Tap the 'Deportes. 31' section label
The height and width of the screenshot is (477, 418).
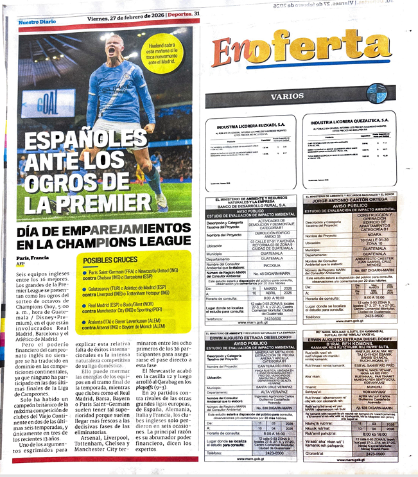tap(182, 14)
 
